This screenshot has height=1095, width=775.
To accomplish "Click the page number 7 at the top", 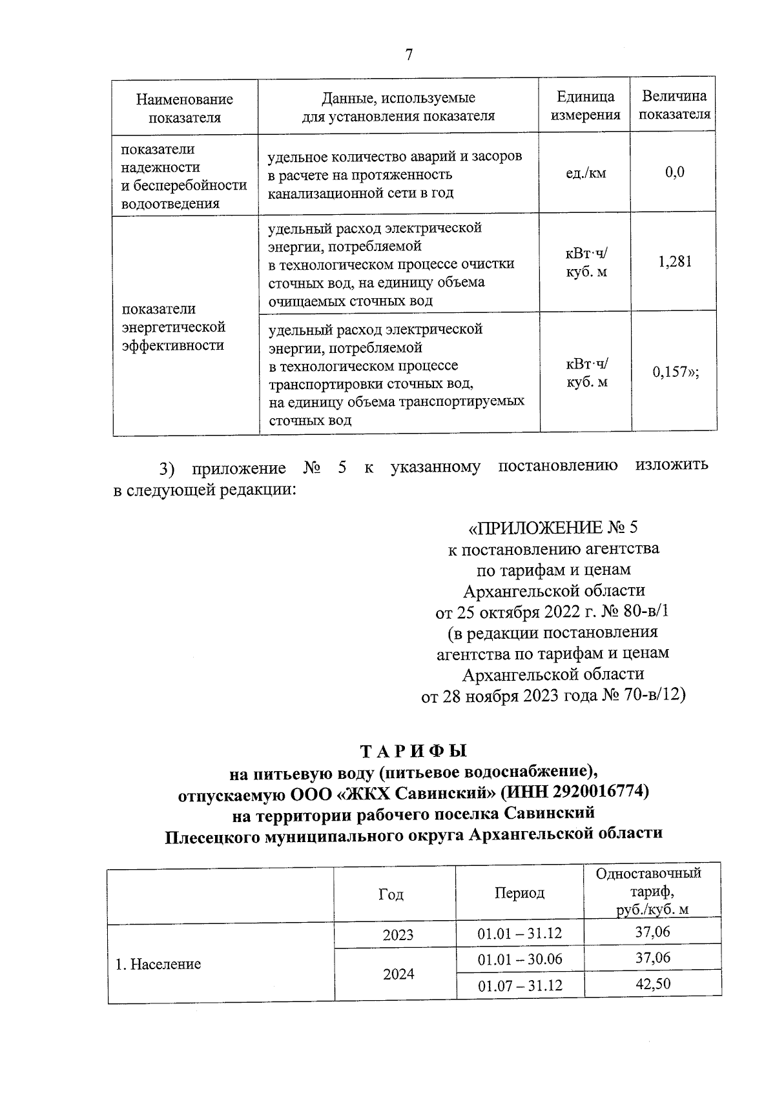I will (x=408, y=55).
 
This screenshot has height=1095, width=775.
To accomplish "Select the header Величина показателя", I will (x=674, y=105).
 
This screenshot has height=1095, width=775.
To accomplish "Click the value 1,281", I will (x=674, y=261).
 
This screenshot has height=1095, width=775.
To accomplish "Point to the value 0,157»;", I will (x=675, y=372).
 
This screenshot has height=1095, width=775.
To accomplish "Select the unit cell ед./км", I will (x=585, y=173).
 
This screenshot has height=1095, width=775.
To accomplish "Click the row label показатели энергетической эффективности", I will (x=173, y=326).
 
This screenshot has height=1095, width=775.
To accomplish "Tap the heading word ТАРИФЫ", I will (x=413, y=751).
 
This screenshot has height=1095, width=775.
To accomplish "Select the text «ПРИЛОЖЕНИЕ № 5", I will (x=553, y=528).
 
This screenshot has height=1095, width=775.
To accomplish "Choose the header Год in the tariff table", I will (x=391, y=894).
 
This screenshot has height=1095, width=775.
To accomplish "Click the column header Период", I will (x=519, y=893).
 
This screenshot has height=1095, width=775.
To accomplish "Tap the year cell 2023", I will (x=398, y=935).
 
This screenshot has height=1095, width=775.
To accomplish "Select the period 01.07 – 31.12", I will (x=519, y=985).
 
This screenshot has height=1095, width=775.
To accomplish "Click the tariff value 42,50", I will (x=652, y=983).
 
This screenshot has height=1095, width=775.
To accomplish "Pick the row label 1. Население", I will (x=158, y=964).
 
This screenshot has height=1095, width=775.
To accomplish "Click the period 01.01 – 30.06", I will (x=519, y=959).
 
